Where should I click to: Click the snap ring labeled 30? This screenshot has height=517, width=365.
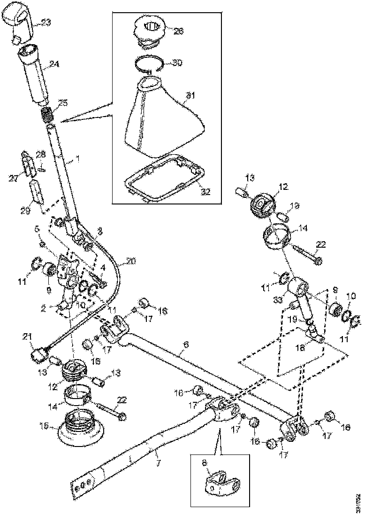coord(149,64)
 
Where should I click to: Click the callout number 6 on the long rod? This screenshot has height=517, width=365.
coord(186,345)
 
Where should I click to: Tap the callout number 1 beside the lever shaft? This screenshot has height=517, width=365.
coord(77,159)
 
